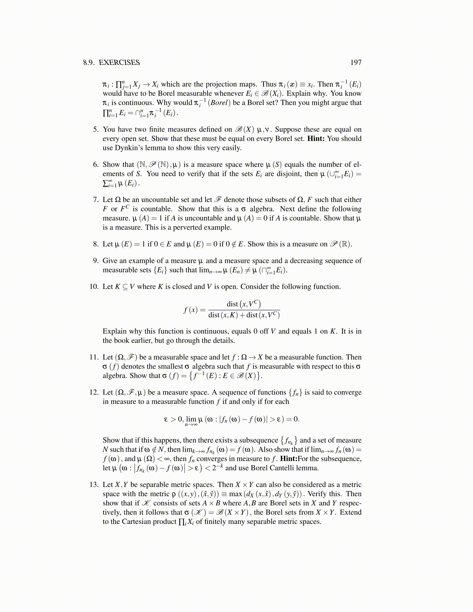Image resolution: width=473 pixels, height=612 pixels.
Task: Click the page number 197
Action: point(356,63)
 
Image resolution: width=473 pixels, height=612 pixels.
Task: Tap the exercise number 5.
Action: point(95,129)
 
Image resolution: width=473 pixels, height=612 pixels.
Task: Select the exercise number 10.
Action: point(94,287)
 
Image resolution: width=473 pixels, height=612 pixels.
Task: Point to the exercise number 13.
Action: point(94,484)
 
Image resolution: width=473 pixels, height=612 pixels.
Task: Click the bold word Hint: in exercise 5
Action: point(316,139)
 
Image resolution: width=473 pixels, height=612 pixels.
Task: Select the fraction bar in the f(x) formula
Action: point(244,310)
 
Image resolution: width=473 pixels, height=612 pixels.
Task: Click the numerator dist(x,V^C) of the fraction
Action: point(244,304)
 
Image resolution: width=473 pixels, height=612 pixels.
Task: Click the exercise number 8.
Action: point(95,244)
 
